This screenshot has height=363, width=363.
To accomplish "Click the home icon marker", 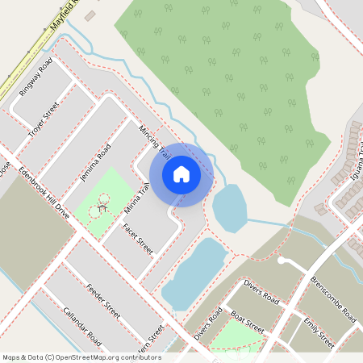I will tap(181, 173).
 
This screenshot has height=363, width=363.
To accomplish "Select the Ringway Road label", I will tap(35, 77).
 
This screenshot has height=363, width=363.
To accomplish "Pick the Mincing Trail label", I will tap(154, 140).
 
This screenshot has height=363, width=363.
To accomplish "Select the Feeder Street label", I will tap(102, 299).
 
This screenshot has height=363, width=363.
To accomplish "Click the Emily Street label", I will tap(319, 332).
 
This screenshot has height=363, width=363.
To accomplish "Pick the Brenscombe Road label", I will tap(332, 299).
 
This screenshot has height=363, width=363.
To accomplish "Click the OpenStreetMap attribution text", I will tap(81, 357).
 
